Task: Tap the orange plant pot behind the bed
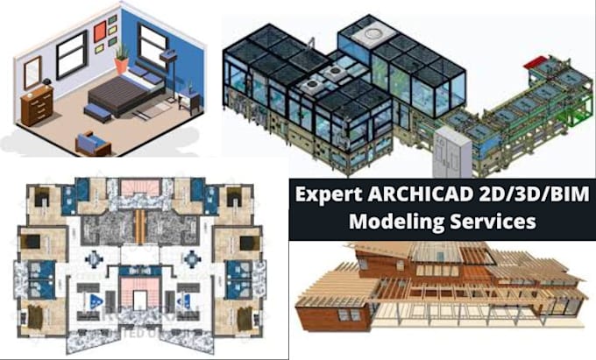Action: pyautogui.click(x=122, y=64)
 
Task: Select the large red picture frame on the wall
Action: pyautogui.click(x=100, y=32)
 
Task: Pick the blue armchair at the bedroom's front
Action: pyautogui.click(x=92, y=143)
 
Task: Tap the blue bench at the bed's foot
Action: pyautogui.click(x=97, y=112)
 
